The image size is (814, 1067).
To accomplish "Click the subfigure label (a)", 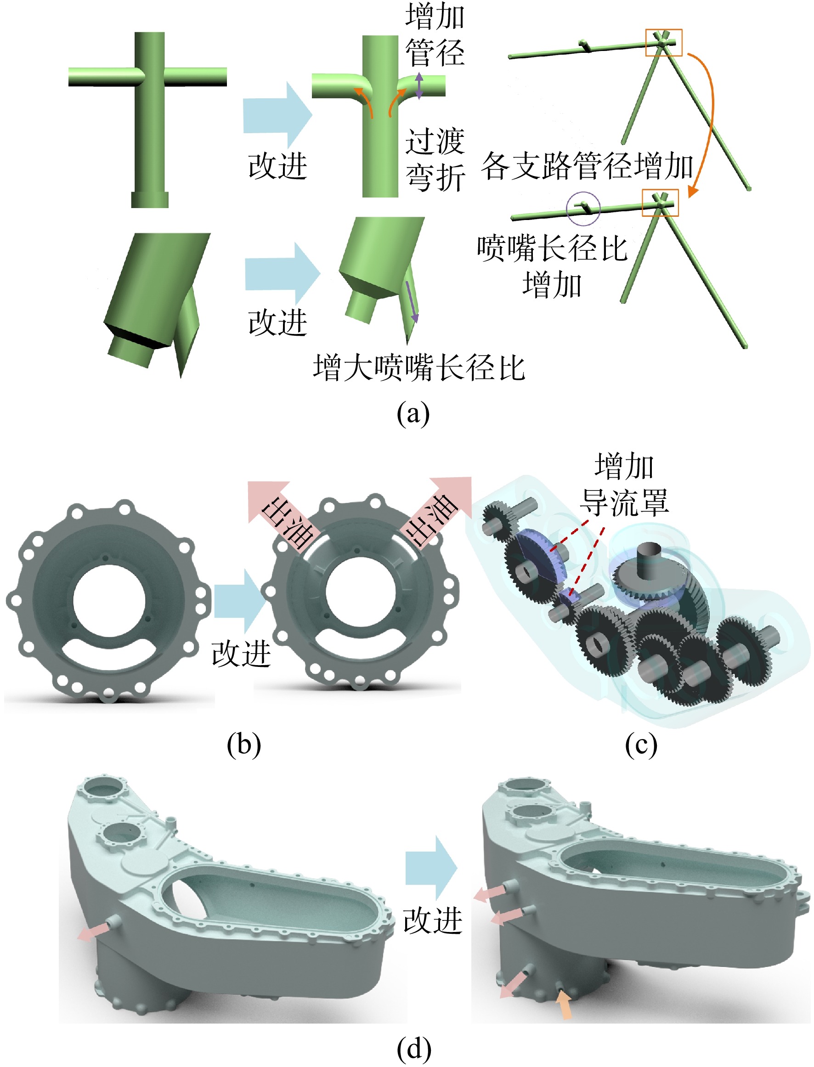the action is (x=413, y=414).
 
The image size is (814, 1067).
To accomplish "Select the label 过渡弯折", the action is (x=435, y=159).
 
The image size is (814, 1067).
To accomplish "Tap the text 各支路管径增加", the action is (x=587, y=166).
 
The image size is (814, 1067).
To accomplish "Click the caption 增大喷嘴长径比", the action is (x=419, y=367).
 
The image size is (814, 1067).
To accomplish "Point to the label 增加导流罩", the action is (x=625, y=484).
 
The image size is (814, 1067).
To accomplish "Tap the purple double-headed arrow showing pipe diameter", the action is (x=419, y=86).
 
